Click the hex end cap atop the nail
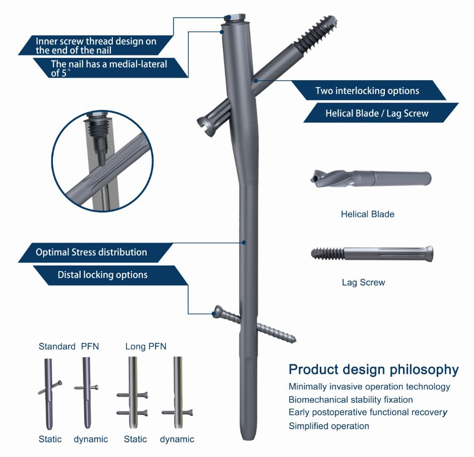click(235, 17)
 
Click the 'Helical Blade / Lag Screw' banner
click(381, 113)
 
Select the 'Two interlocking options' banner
click(368, 90)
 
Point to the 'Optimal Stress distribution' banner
click(95, 252)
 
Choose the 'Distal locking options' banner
click(111, 275)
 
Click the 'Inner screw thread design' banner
click(96, 45)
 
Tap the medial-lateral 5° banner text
click(109, 69)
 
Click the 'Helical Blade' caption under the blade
click(368, 214)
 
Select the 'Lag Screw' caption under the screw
click(363, 283)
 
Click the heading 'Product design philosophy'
click(374, 370)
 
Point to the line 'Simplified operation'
click(329, 426)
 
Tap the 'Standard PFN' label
click(69, 346)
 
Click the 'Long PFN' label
click(146, 346)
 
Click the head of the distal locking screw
click(218, 311)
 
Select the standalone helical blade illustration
click(371, 178)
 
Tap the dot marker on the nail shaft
click(244, 242)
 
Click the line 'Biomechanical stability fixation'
click(351, 400)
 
